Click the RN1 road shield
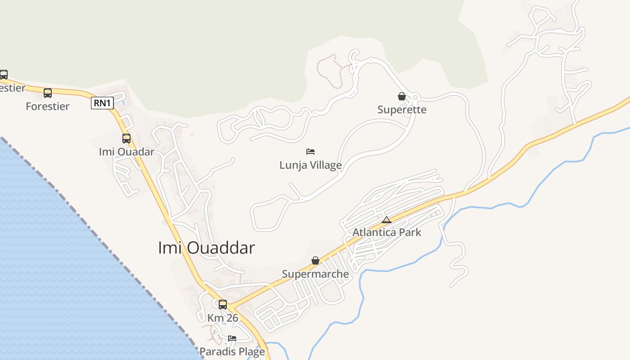[x=102, y=103]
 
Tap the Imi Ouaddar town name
[x=206, y=248]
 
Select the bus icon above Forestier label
[x=48, y=93]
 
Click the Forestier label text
[x=48, y=107]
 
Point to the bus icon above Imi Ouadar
[x=126, y=139]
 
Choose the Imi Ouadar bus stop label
[x=126, y=152]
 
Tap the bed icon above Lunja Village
[x=310, y=151]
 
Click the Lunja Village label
[x=310, y=165]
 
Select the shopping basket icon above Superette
[x=402, y=96]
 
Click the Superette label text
[x=402, y=110]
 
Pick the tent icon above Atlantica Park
[x=387, y=220]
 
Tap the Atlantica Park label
[x=387, y=233]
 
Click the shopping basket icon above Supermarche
[x=315, y=261]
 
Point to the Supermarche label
[x=315, y=274]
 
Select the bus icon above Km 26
[x=223, y=305]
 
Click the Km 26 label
[x=223, y=318]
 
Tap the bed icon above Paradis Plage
[x=232, y=338]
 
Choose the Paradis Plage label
[x=232, y=351]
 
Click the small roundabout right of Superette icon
[x=415, y=97]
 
